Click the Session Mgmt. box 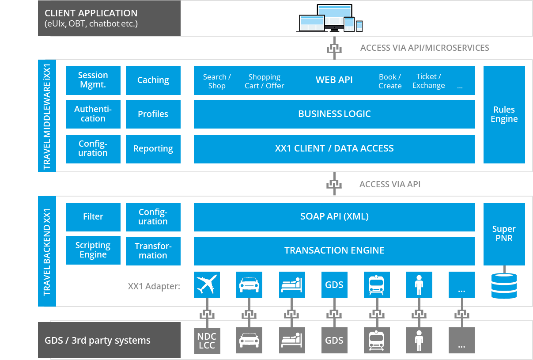click(x=93, y=80)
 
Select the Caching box click(x=153, y=80)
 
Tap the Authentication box click(x=93, y=114)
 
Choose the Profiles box click(x=153, y=114)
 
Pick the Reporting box click(x=153, y=149)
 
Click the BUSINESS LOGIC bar click(x=334, y=114)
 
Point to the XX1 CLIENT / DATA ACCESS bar click(x=334, y=149)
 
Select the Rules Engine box click(x=504, y=114)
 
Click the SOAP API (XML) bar click(x=334, y=216)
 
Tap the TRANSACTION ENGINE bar click(x=334, y=250)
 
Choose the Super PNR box click(x=504, y=234)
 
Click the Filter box click(x=93, y=216)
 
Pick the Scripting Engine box click(x=93, y=250)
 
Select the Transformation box click(x=153, y=251)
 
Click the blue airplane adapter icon click(x=207, y=284)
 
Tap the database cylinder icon click(x=504, y=285)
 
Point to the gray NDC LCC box click(x=207, y=341)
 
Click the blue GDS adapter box click(x=334, y=284)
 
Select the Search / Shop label click(x=217, y=81)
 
